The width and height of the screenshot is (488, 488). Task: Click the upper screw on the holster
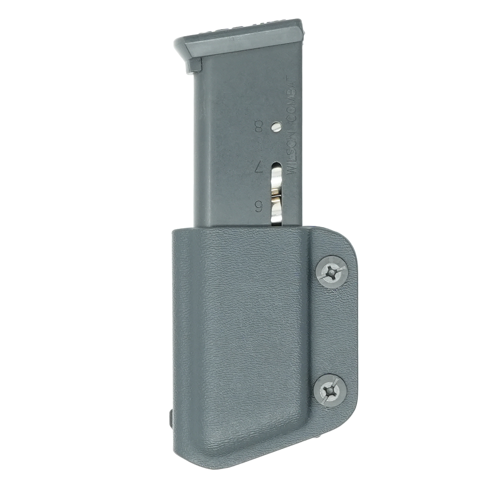click(x=331, y=272)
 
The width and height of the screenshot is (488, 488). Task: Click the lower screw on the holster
click(x=330, y=390)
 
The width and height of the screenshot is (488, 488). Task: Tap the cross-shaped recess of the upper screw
click(x=331, y=272)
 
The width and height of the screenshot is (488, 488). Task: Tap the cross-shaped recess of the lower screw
click(x=330, y=390)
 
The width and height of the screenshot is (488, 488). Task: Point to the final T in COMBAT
click(x=293, y=79)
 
